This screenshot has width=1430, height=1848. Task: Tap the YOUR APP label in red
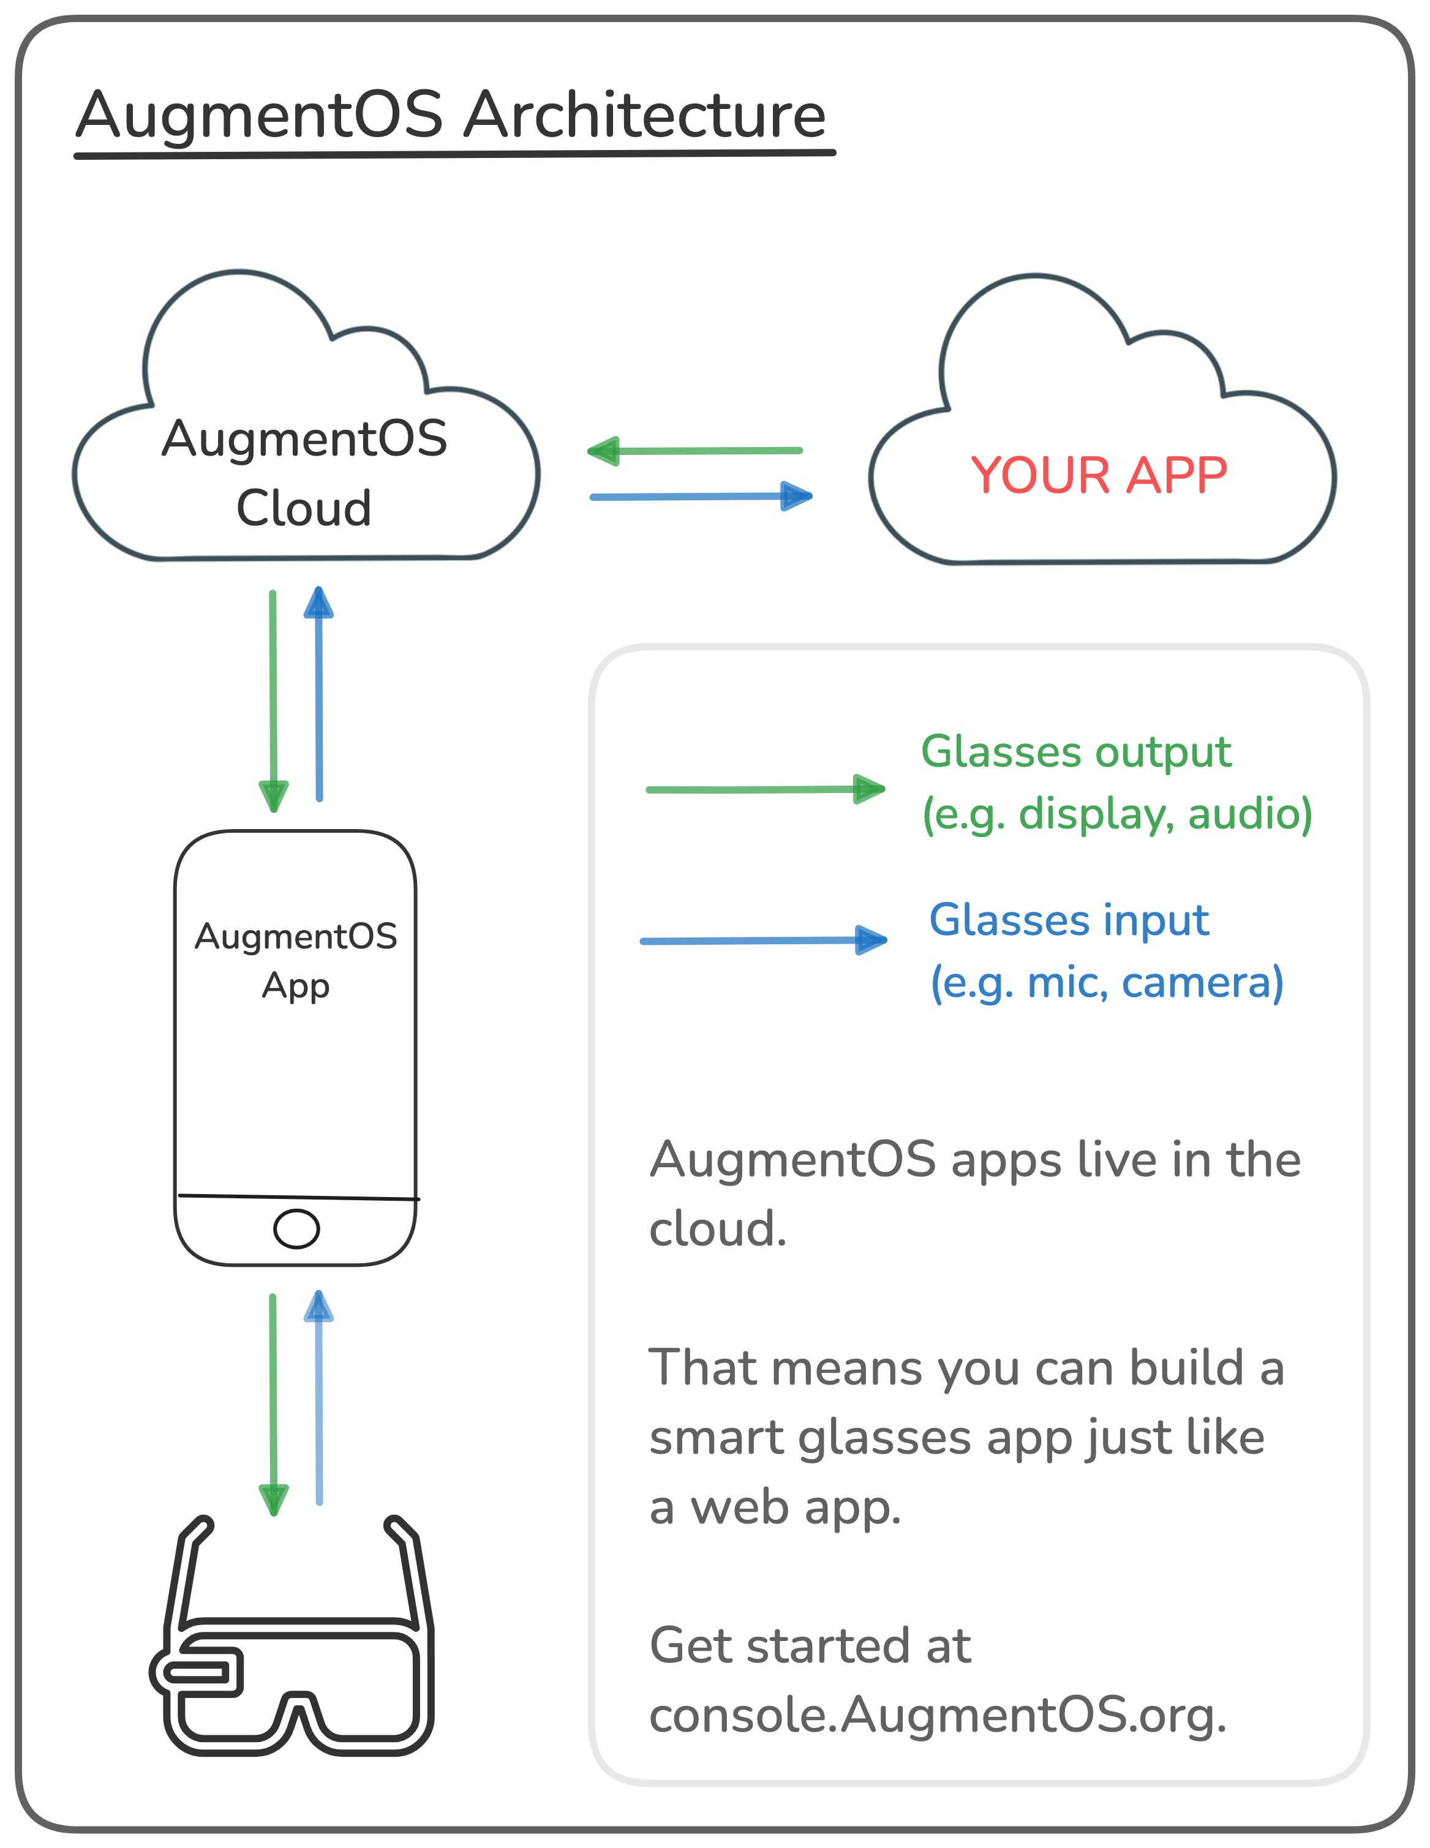pyautogui.click(x=1098, y=476)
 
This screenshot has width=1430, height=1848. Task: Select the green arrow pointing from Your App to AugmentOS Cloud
pyautogui.click(x=694, y=451)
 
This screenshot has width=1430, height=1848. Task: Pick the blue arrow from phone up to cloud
pyautogui.click(x=319, y=694)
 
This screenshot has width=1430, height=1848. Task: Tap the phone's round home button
pyautogui.click(x=296, y=1228)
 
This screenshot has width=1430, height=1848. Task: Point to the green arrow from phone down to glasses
pyautogui.click(x=273, y=1405)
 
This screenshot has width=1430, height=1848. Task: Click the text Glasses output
pyautogui.click(x=1075, y=752)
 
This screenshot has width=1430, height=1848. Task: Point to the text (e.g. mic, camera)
pyautogui.click(x=1107, y=983)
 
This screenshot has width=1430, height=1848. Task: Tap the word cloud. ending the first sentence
pyautogui.click(x=718, y=1228)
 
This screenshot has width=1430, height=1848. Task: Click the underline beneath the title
pyautogui.click(x=454, y=155)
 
